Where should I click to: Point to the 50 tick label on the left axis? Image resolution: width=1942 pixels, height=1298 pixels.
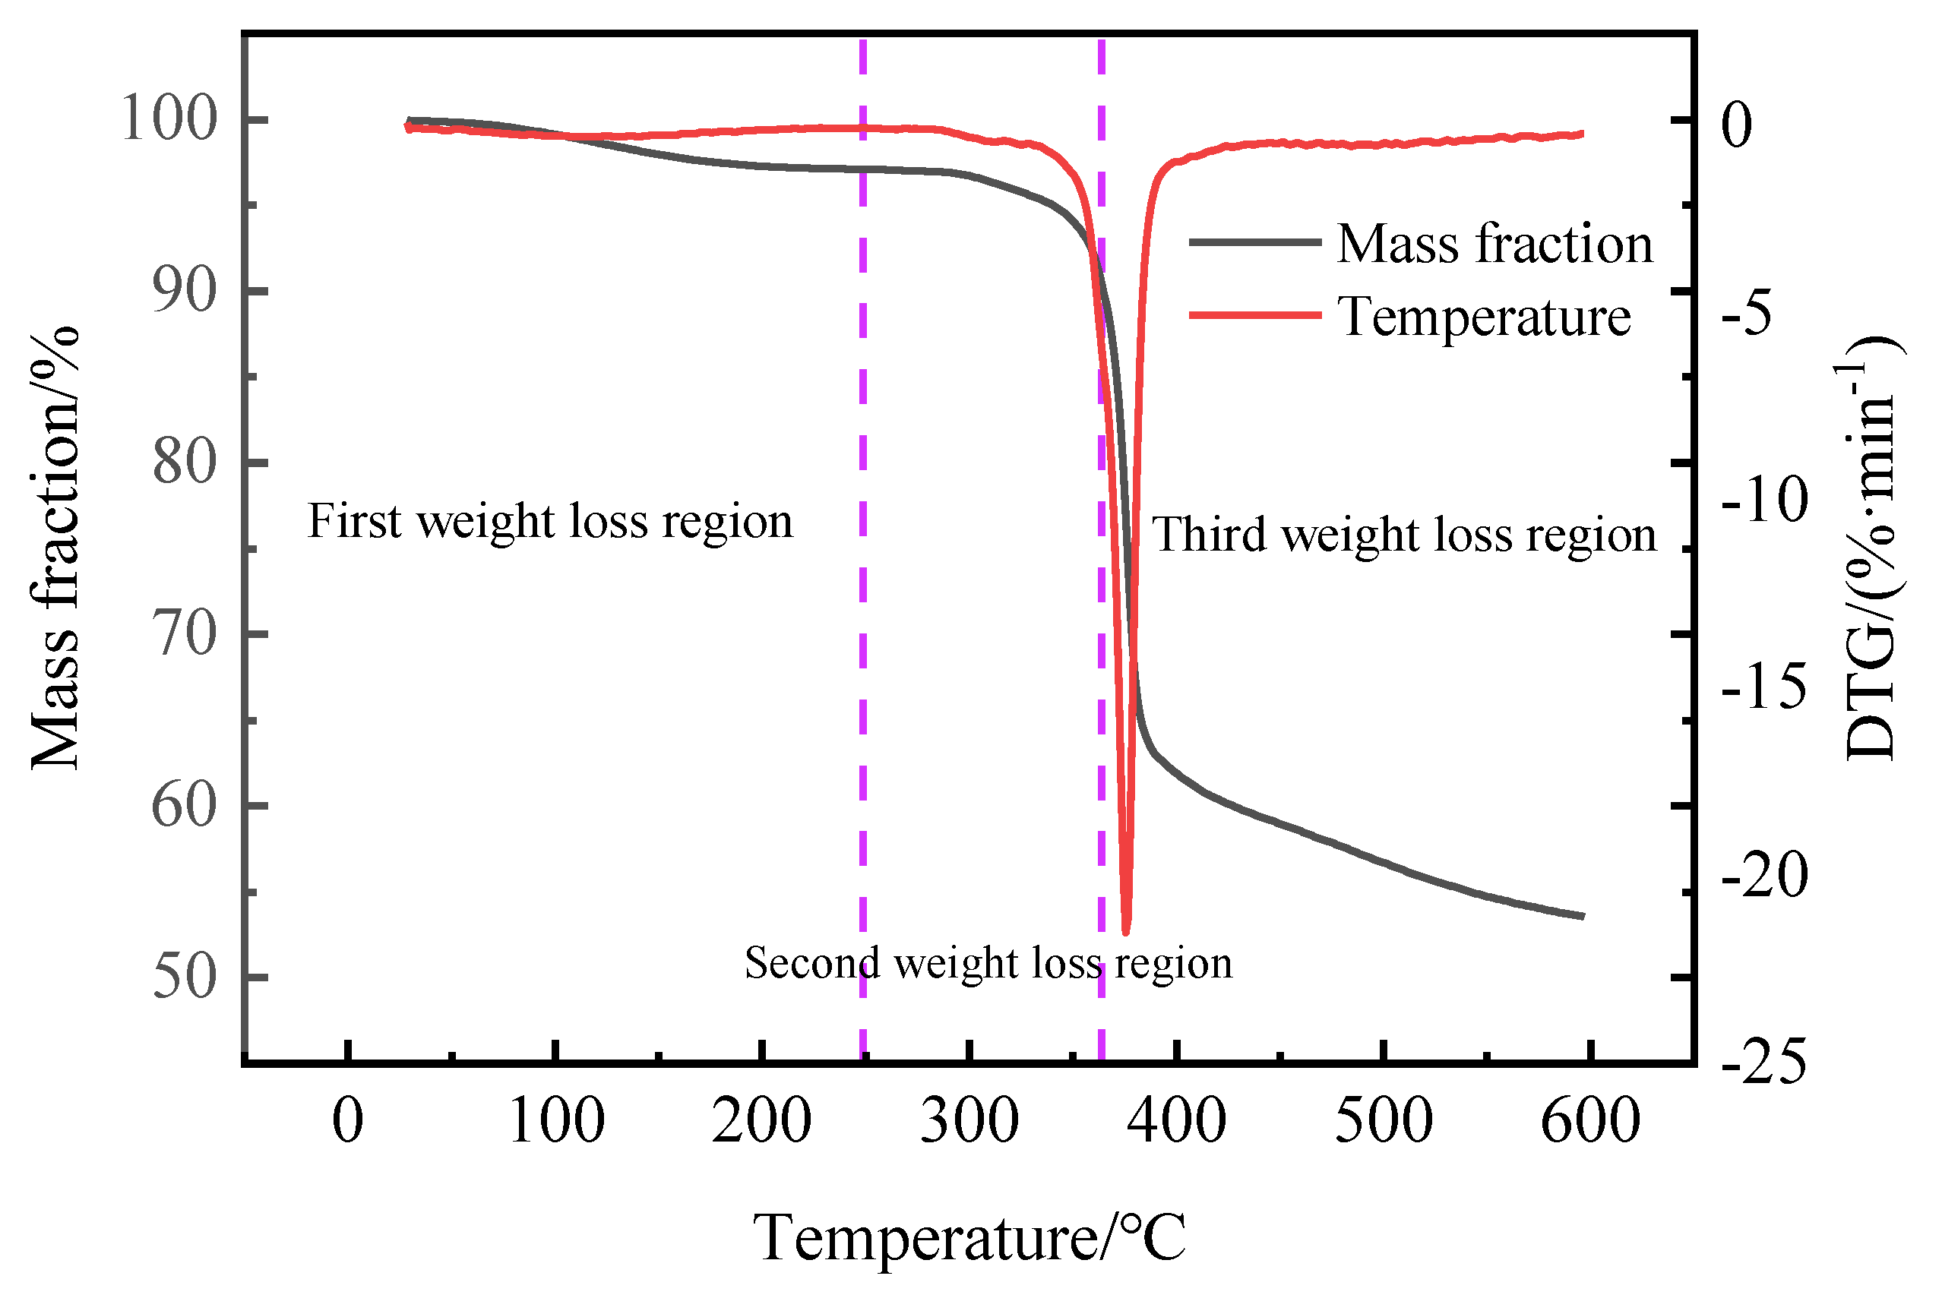[184, 977]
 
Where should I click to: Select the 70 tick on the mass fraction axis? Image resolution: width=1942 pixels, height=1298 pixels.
[184, 635]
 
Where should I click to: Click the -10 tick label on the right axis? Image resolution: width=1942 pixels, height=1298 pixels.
[1763, 500]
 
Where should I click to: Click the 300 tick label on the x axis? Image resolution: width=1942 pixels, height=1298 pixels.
[969, 1121]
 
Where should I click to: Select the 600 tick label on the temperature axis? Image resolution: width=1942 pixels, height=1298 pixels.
[1590, 1121]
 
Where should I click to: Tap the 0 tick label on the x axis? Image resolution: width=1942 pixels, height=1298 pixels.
[348, 1121]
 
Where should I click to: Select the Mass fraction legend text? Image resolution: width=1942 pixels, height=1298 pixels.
[1494, 245]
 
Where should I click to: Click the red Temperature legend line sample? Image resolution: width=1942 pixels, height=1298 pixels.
[1254, 314]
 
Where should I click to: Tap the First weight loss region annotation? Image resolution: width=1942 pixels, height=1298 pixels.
[550, 522]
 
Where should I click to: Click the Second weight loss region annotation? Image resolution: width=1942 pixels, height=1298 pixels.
[988, 963]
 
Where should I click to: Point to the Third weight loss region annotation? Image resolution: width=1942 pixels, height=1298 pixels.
[1404, 534]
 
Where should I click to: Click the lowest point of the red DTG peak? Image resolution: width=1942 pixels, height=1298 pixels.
[1125, 931]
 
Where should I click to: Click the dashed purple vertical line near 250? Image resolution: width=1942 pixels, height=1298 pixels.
[863, 580]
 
